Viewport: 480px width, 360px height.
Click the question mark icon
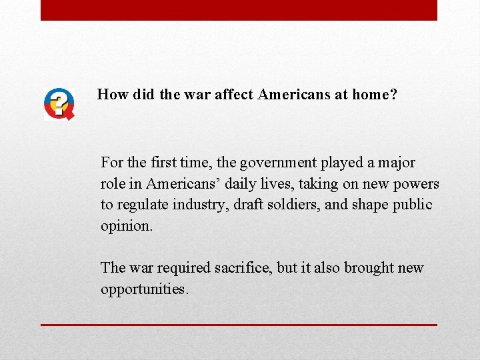pyautogui.click(x=59, y=104)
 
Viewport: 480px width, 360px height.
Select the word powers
pyautogui.click(x=417, y=184)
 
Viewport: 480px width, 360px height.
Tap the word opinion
pyautogui.click(x=126, y=226)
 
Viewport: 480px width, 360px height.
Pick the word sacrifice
pyautogui.click(x=243, y=268)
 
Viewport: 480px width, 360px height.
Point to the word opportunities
pyautogui.click(x=145, y=289)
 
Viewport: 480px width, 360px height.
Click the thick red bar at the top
pyautogui.click(x=239, y=10)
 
